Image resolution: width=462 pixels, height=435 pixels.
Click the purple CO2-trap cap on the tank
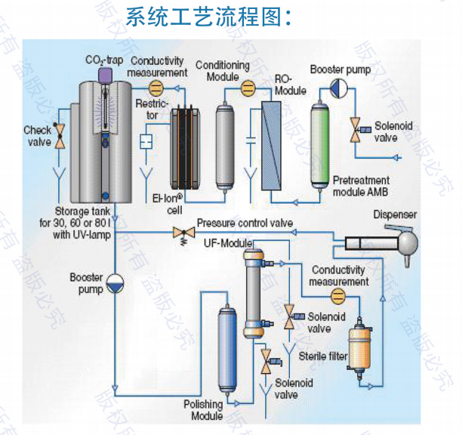pos(104,74)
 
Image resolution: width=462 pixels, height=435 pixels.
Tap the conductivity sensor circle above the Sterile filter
pos(338,295)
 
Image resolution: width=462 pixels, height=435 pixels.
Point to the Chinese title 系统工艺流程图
pos(209,17)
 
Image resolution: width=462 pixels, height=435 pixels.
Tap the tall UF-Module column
pos(253,295)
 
